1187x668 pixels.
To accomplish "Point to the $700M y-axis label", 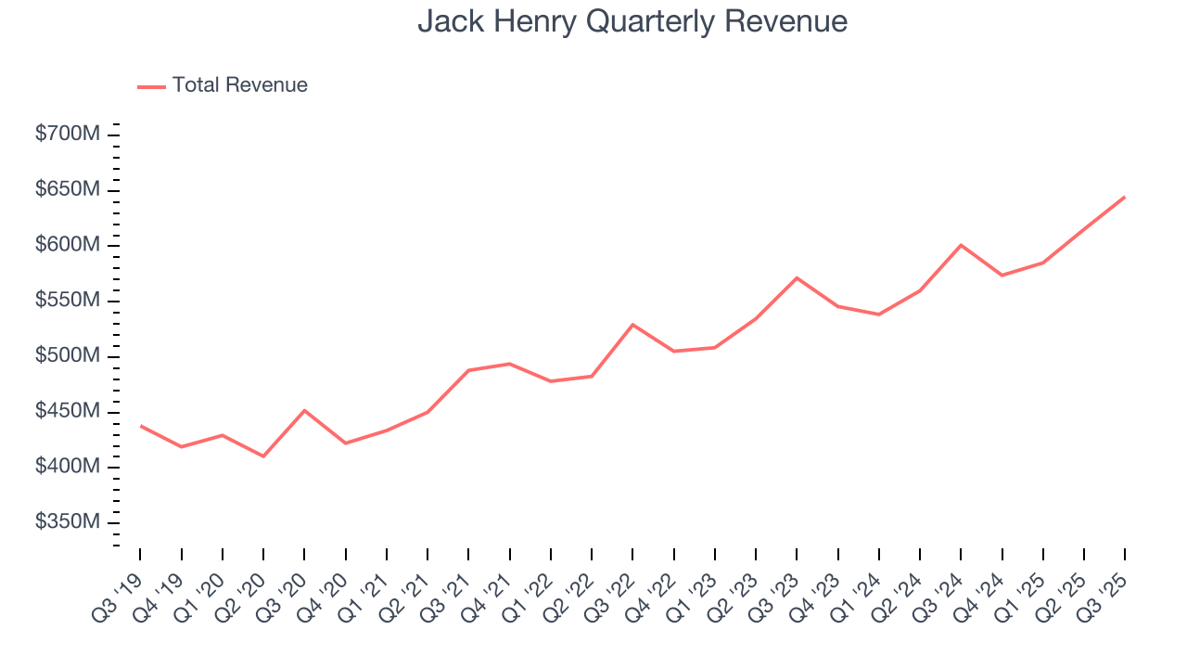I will (x=68, y=135).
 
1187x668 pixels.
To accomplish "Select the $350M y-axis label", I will (x=68, y=523).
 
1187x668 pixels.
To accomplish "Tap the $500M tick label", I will (x=68, y=357).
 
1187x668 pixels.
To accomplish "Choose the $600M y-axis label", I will (x=68, y=246).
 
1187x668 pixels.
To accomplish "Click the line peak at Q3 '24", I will (x=961, y=245).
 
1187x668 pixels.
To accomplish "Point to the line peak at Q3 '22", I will (x=632, y=325).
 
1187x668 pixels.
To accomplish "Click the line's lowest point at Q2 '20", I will (x=263, y=456).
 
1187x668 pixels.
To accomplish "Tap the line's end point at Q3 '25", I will (x=1125, y=197).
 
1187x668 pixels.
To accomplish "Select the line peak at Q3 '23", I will (x=797, y=277).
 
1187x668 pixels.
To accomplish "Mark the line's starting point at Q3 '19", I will (x=140, y=426).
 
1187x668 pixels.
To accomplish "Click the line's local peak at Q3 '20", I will (x=304, y=410).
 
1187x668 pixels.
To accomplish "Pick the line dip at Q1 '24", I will (x=878, y=315).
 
